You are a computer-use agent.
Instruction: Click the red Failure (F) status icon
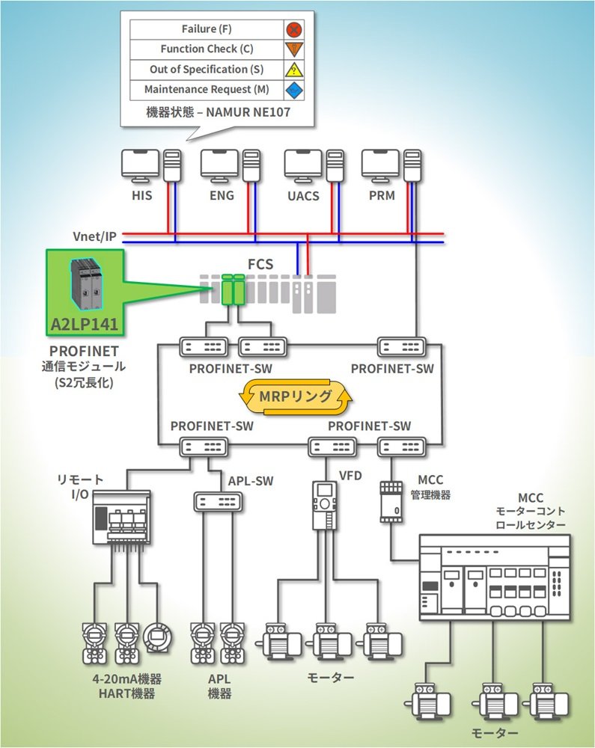click(295, 29)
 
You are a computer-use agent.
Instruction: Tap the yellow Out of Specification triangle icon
click(295, 70)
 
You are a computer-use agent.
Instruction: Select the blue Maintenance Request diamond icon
click(295, 90)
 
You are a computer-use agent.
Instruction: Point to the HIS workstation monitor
click(140, 162)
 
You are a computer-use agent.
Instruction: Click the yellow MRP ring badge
click(297, 396)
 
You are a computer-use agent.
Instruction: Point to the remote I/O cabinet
click(120, 517)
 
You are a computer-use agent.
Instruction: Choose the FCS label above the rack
click(260, 264)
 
